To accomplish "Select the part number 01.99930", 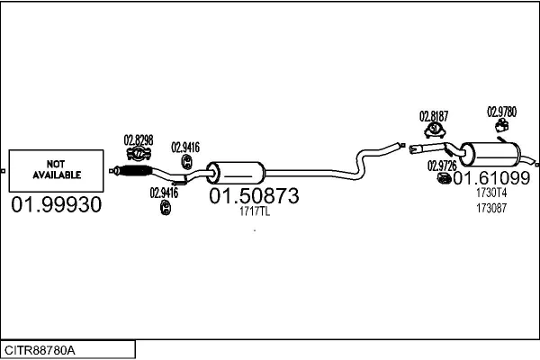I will (56, 205).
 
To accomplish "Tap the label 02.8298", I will (138, 139).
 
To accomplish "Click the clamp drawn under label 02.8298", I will (138, 154).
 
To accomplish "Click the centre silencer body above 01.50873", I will (236, 173).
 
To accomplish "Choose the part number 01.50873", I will (254, 195).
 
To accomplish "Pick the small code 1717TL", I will (254, 212).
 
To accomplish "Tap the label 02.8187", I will (434, 116).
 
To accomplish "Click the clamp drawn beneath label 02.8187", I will (435, 131).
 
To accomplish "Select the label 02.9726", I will (442, 166).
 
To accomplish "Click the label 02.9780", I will (502, 112).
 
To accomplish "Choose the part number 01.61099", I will (491, 177).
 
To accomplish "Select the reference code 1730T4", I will (491, 193).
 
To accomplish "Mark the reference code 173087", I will (491, 209).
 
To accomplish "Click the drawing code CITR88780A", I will (41, 349).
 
